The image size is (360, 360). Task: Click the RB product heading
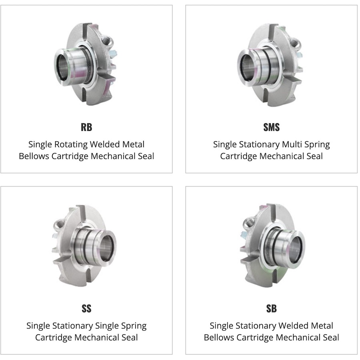tap(86, 127)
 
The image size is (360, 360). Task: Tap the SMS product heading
tap(271, 127)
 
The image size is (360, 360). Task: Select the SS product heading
tap(86, 308)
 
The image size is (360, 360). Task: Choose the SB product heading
tap(271, 308)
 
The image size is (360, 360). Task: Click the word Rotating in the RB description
tap(71, 145)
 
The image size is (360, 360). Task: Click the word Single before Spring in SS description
tap(106, 326)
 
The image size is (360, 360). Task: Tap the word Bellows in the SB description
tap(219, 338)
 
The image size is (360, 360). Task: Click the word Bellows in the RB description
tap(34, 156)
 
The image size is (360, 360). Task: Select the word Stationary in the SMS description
tap(259, 145)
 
